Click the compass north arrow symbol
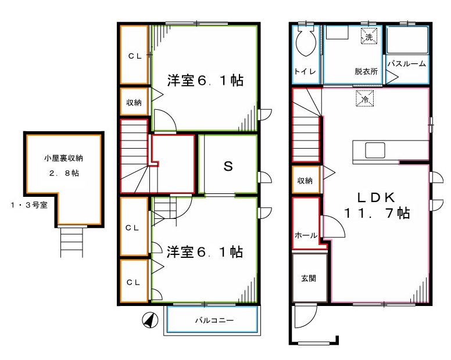(149, 320)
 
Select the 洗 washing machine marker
(368, 36)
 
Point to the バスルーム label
(407, 64)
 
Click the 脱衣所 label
(366, 72)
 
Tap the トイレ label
(305, 72)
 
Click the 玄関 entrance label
(308, 278)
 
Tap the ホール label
(306, 236)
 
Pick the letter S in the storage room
(228, 167)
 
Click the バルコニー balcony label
(213, 321)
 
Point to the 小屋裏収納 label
(63, 157)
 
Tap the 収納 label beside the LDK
(306, 181)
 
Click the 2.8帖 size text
(63, 173)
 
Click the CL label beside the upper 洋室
(135, 56)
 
